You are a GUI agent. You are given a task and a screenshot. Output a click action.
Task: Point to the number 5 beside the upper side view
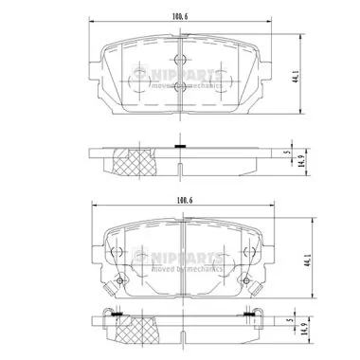pyautogui.click(x=286, y=151)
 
